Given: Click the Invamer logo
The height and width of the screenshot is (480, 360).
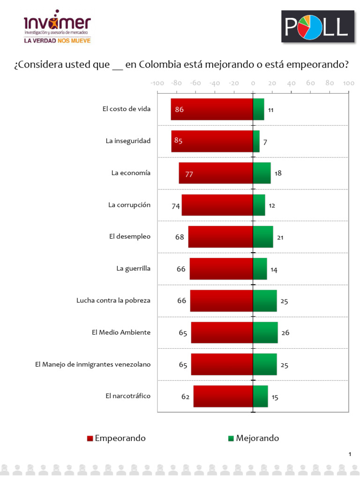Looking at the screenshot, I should [57, 26].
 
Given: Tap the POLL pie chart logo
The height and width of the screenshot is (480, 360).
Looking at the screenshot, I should [317, 27].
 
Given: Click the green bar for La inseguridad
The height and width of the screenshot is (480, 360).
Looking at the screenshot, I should [256, 141].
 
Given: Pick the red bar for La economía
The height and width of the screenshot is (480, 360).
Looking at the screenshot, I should [216, 173].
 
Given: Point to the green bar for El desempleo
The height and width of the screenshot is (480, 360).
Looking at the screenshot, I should [262, 237].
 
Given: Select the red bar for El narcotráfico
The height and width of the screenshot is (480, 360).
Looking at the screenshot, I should [223, 396].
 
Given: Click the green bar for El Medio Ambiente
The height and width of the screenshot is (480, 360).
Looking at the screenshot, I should [265, 332].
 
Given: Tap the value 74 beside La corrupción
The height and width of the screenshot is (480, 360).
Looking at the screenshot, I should [176, 206].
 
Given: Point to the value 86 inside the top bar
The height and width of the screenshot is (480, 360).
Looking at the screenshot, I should [179, 110].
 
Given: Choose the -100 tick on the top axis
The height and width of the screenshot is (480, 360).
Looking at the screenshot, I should [157, 83].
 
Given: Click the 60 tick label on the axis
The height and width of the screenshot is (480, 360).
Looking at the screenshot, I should [310, 83].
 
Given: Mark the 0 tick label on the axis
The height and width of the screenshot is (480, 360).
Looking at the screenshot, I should [253, 83].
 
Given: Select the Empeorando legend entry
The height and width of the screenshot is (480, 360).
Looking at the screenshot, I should [116, 438].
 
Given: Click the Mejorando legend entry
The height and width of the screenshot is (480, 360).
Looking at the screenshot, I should [253, 438].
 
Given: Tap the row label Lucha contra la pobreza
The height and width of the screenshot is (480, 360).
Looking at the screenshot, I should [113, 300].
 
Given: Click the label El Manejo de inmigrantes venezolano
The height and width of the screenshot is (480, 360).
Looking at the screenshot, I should [93, 364].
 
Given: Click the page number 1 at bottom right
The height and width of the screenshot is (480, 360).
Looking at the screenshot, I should [350, 454].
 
